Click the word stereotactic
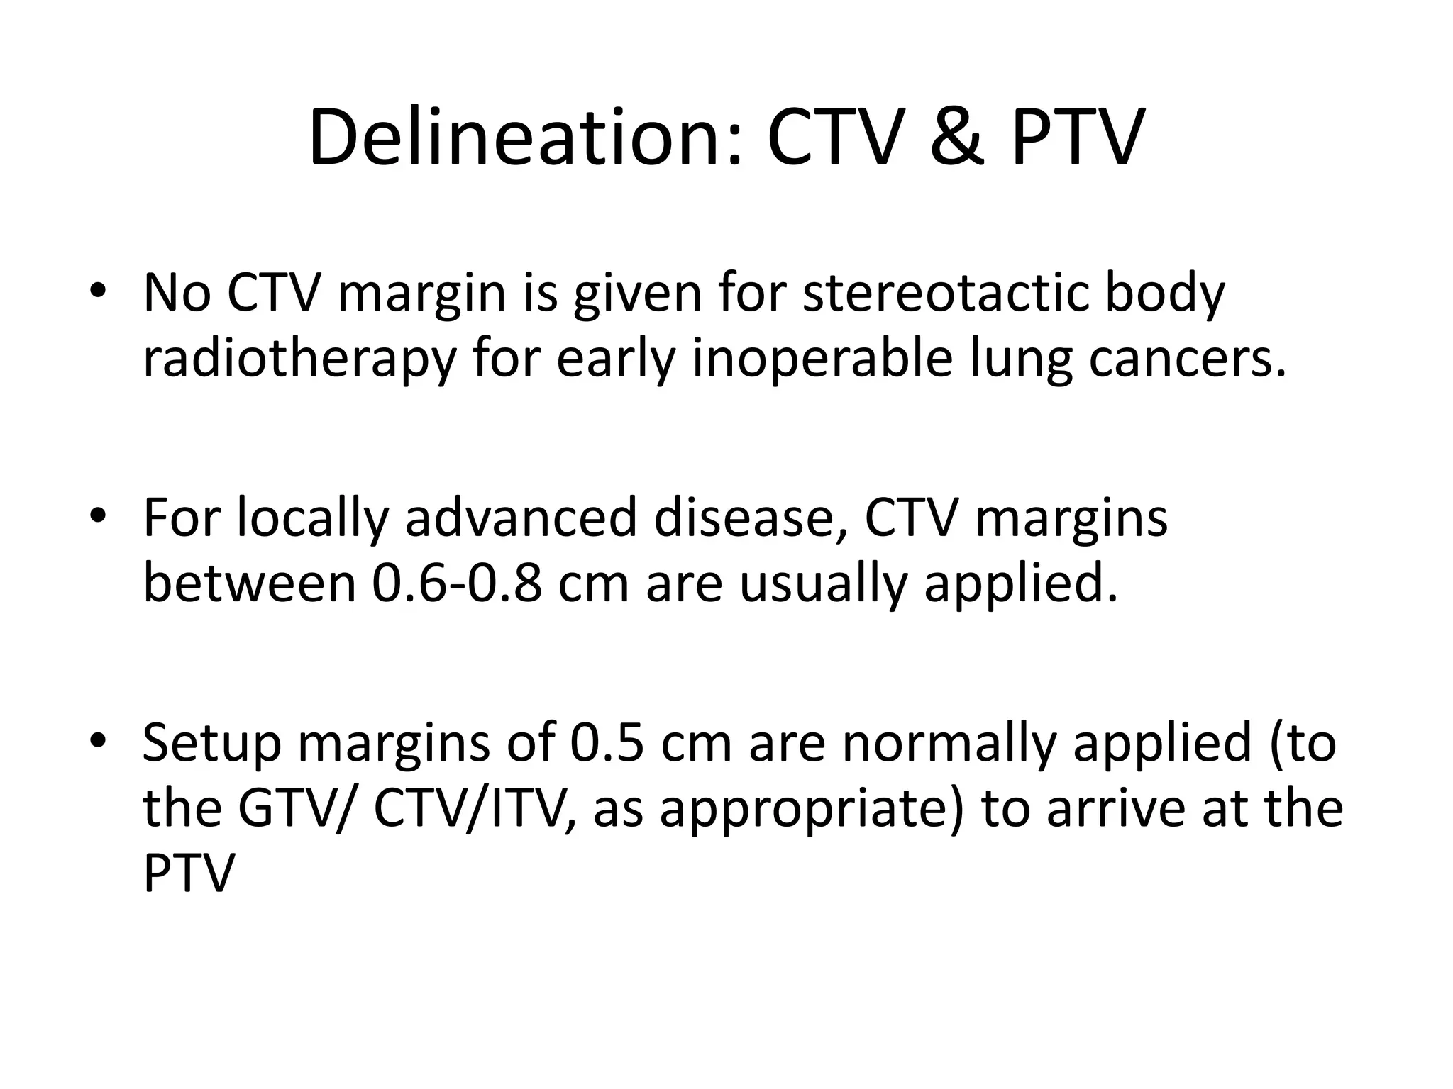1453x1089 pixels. [x=944, y=293]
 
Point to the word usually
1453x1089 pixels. [x=824, y=584]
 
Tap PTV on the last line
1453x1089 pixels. [x=188, y=874]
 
